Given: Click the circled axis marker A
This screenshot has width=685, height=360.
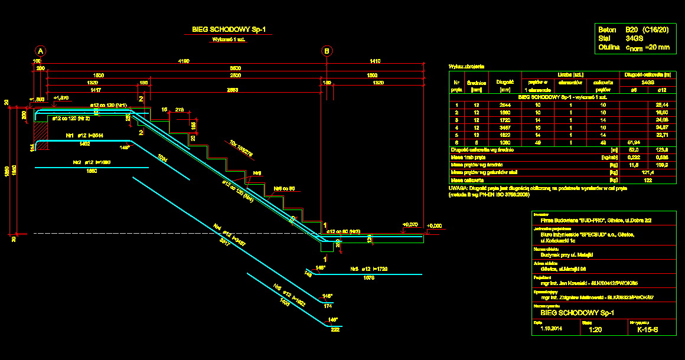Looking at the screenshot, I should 40,51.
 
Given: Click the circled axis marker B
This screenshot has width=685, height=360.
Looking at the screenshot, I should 327,51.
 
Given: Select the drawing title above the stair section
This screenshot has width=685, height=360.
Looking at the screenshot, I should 225,29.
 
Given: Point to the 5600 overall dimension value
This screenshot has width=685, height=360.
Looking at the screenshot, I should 235,68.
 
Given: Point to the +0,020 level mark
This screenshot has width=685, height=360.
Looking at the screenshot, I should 410,225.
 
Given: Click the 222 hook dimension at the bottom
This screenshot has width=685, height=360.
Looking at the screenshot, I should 335,329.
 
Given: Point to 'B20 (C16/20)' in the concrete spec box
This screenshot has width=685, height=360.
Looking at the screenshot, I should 647,29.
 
